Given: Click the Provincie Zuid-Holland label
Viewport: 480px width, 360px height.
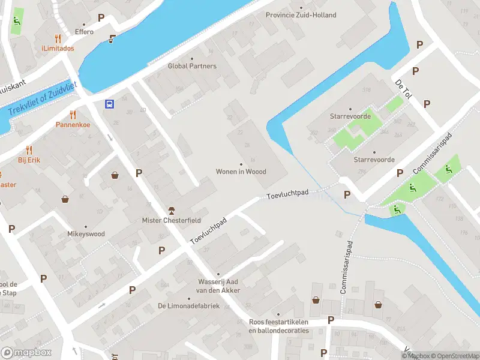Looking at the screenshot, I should pyautogui.click(x=301, y=15).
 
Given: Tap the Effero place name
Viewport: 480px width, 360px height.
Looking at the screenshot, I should pyautogui.click(x=84, y=32).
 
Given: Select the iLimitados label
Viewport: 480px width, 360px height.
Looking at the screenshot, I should pyautogui.click(x=58, y=48).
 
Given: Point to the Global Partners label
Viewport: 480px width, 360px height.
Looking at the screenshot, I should pyautogui.click(x=192, y=66).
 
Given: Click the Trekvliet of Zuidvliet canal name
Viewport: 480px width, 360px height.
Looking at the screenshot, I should pyautogui.click(x=43, y=98).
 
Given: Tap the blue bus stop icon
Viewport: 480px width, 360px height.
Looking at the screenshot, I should pyautogui.click(x=110, y=104).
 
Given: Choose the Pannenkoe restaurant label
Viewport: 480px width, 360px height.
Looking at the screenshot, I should pyautogui.click(x=73, y=125).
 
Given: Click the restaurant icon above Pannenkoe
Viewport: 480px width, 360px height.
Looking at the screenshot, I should pyautogui.click(x=73, y=114).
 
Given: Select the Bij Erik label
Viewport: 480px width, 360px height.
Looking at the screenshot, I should pyautogui.click(x=29, y=160).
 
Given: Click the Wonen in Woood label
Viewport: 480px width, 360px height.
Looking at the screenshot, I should pyautogui.click(x=241, y=172).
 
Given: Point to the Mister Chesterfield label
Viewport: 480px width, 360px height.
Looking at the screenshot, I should pyautogui.click(x=171, y=220).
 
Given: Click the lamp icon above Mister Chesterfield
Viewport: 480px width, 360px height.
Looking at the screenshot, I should pyautogui.click(x=171, y=209).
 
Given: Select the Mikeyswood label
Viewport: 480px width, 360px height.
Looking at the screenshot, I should pyautogui.click(x=86, y=234).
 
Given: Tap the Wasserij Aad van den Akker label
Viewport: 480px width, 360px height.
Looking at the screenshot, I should pyautogui.click(x=220, y=286).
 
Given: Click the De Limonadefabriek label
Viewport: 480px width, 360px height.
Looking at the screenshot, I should pyautogui.click(x=188, y=306).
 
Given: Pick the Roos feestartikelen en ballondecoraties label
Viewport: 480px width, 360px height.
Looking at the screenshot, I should pyautogui.click(x=278, y=326).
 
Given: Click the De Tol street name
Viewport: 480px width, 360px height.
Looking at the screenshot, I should pyautogui.click(x=403, y=90).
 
